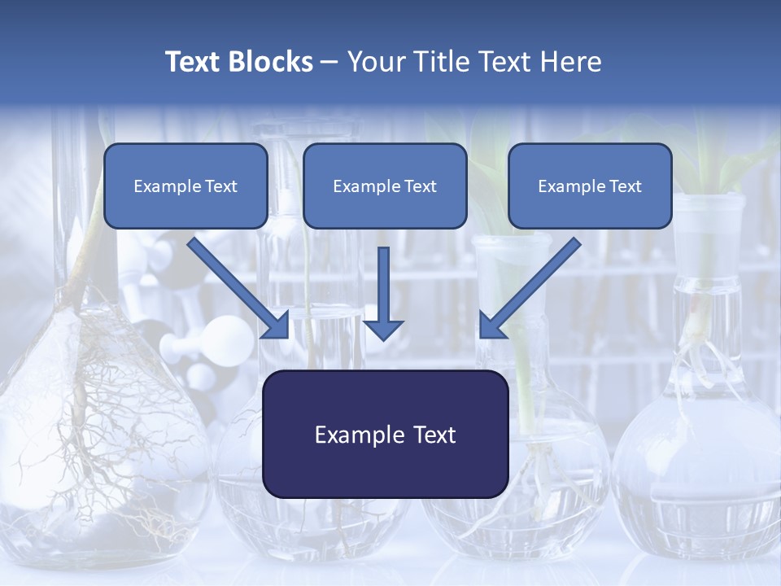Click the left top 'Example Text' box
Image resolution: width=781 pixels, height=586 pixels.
(185, 186)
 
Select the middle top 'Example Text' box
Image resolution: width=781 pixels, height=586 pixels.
(385, 186)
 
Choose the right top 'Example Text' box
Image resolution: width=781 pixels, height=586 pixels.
(590, 186)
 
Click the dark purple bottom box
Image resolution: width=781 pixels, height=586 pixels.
(385, 434)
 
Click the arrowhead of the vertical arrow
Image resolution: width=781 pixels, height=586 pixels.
(383, 329)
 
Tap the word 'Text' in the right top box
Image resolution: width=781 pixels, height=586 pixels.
(624, 186)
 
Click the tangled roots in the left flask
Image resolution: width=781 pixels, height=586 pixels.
(89, 407)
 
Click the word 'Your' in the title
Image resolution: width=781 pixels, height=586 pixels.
(377, 62)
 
